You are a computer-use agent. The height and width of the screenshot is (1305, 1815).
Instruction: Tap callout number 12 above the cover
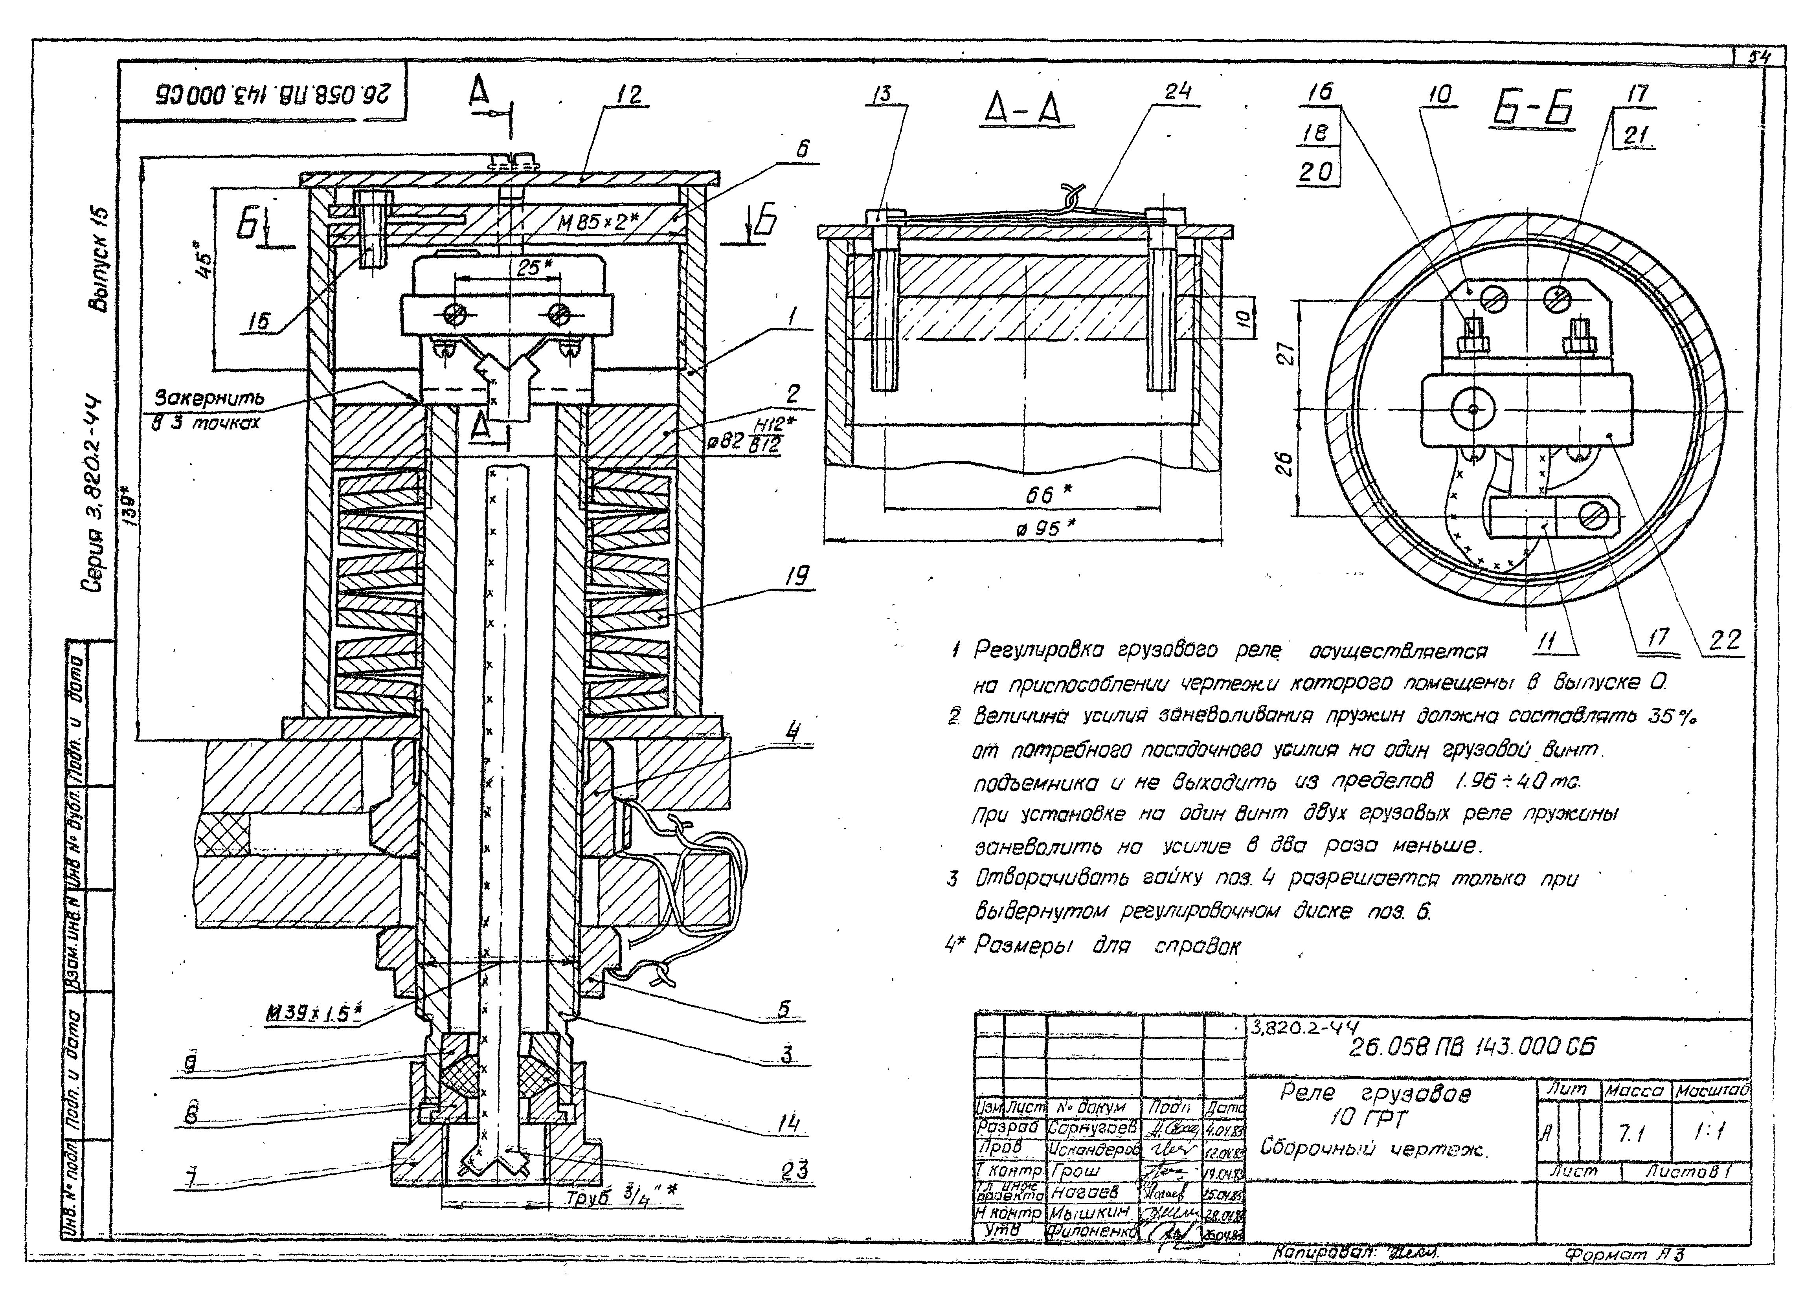(628, 95)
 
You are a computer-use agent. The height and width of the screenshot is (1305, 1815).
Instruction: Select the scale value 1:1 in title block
(1710, 1131)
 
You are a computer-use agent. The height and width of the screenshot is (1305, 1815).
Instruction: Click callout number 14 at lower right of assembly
(789, 1124)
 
